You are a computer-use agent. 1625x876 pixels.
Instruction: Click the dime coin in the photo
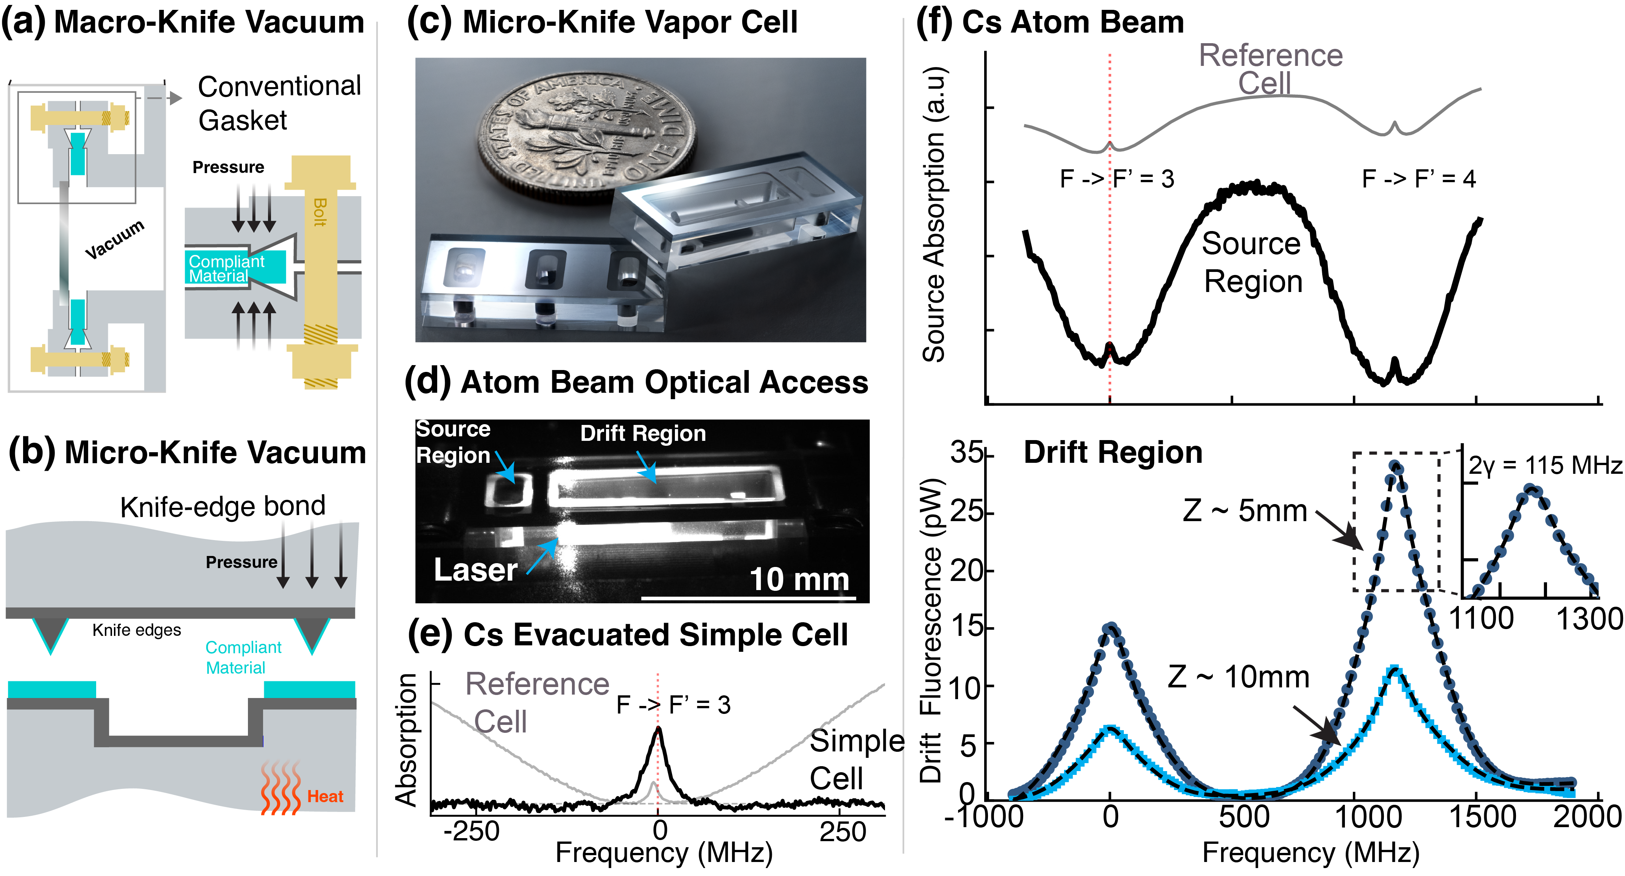(x=587, y=133)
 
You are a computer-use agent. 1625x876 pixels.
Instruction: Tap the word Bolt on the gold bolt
(x=320, y=213)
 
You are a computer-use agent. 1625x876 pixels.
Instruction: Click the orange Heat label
(x=325, y=796)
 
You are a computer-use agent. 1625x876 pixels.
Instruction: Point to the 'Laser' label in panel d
(x=475, y=570)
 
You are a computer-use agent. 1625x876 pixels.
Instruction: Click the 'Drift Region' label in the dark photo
(x=643, y=434)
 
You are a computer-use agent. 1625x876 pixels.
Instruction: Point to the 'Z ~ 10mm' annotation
(x=1238, y=677)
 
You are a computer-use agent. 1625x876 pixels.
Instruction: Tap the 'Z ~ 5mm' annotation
(x=1245, y=511)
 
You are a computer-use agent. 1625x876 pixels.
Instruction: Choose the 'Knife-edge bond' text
(x=223, y=506)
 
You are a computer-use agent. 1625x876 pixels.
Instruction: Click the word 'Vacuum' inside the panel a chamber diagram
(x=115, y=239)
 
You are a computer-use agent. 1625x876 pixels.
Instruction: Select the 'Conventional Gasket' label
(x=279, y=103)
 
